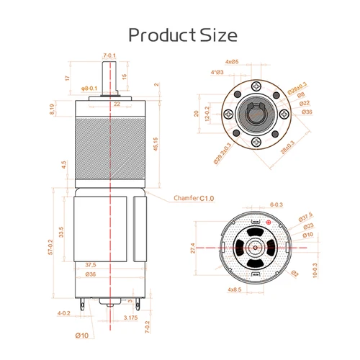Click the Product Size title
(x=181, y=34)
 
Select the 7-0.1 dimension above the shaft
(x=109, y=55)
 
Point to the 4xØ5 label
(x=232, y=63)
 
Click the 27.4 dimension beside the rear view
(x=214, y=248)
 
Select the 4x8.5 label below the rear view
(x=234, y=289)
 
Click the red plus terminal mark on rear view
(x=269, y=225)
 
